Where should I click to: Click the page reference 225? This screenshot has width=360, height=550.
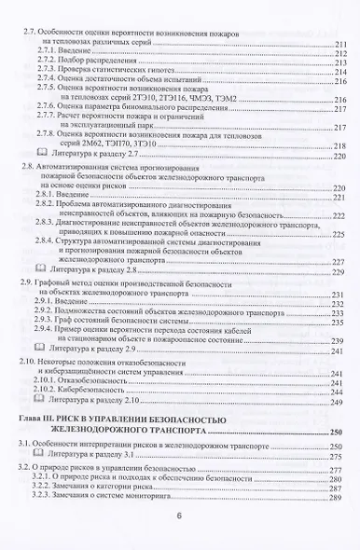coord(339,235)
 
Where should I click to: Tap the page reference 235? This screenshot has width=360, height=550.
coord(339,323)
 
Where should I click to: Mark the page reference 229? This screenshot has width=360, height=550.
coord(339,274)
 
